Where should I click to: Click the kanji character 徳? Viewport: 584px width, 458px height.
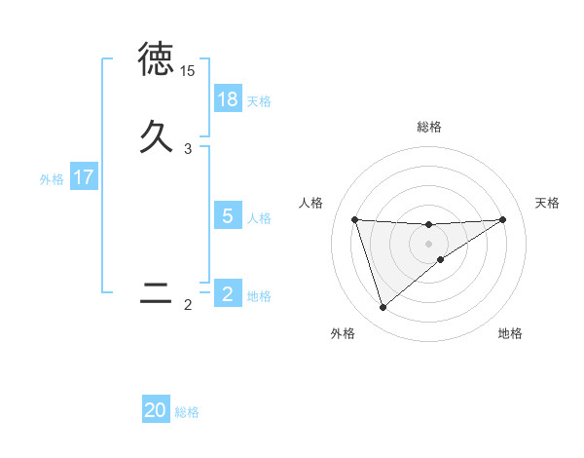click(x=156, y=60)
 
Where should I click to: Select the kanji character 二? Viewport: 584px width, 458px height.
click(x=156, y=293)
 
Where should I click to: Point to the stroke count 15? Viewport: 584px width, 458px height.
click(x=187, y=71)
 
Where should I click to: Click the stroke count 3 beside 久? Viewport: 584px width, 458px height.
click(x=187, y=148)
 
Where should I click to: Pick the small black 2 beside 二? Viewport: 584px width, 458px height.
click(x=187, y=305)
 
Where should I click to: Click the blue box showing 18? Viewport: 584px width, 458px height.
click(x=228, y=99)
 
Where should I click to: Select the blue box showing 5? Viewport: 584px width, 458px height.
click(x=228, y=216)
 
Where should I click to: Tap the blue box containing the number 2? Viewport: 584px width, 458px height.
click(x=228, y=294)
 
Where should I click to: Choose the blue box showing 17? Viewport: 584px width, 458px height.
click(x=84, y=177)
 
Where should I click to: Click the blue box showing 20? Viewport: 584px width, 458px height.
click(x=156, y=410)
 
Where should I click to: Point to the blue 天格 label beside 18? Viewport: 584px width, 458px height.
click(x=259, y=101)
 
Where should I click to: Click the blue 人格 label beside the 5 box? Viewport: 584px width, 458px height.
click(x=259, y=218)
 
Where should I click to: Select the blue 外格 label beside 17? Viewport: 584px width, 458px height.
click(x=52, y=179)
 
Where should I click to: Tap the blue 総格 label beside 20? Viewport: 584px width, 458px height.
click(x=187, y=412)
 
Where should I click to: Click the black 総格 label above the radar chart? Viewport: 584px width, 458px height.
click(x=429, y=127)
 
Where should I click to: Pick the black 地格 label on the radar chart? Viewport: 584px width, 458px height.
click(x=510, y=333)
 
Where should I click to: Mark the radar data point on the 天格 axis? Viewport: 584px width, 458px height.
click(x=503, y=219)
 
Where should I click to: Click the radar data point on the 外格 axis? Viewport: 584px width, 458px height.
click(x=383, y=308)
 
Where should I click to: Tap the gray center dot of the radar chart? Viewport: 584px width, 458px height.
click(x=429, y=243)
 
